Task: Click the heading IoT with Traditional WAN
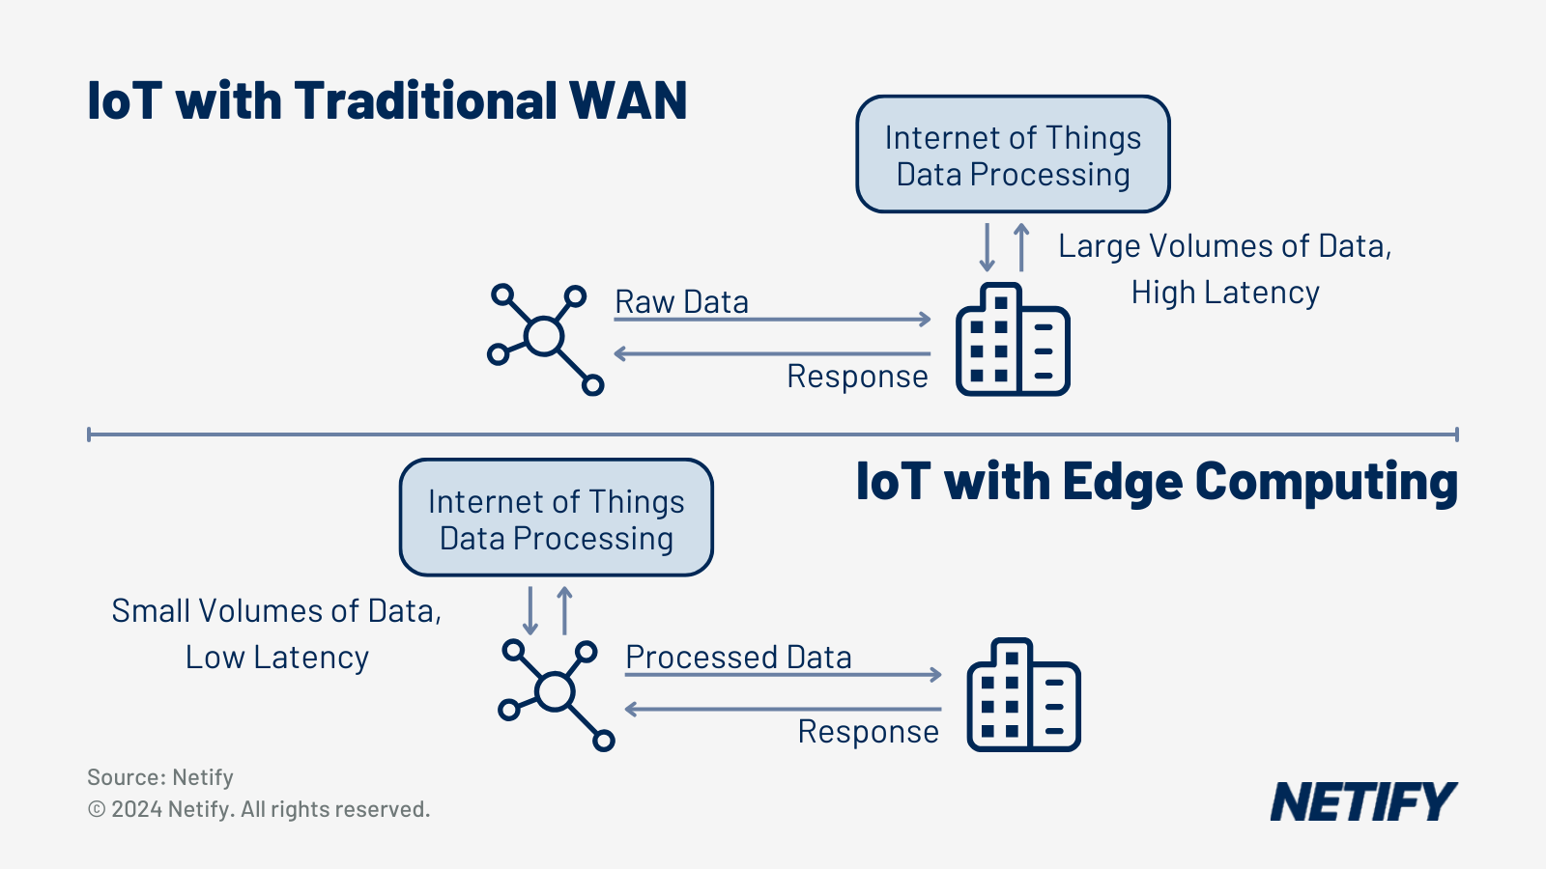coord(386,100)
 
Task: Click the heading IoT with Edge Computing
coord(1156,482)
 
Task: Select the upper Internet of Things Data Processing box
coord(1013,154)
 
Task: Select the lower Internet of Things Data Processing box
coord(556,519)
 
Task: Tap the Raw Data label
coord(681,301)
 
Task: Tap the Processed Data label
coord(738,657)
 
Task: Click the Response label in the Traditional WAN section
coord(857,376)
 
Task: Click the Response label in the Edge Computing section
coord(868,731)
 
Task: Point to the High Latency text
coord(1224,292)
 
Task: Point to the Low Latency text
coord(277,657)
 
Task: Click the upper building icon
coord(1013,339)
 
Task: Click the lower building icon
coord(1023,694)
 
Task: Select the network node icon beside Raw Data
coord(545,338)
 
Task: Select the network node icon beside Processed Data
coord(556,693)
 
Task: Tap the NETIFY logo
coord(1362,801)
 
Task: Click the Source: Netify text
coord(160,777)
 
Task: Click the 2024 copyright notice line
coord(259,809)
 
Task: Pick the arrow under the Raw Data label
coord(773,319)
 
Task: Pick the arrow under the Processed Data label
coord(784,674)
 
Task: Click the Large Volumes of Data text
coord(1224,246)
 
